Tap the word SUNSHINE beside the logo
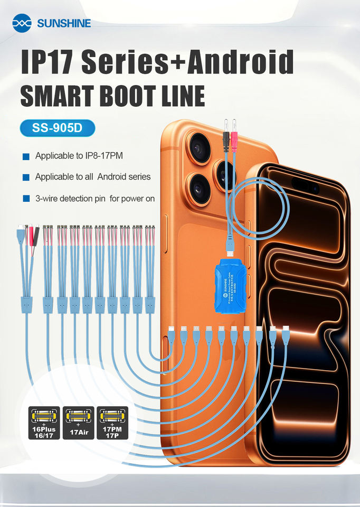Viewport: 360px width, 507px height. pyautogui.click(x=64, y=23)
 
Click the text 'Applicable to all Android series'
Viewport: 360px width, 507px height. pyautogui.click(x=92, y=177)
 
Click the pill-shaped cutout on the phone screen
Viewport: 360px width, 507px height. pyautogui.click(x=306, y=186)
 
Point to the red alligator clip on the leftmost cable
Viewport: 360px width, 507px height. pyautogui.click(x=31, y=238)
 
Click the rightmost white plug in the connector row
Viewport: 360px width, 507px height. pyautogui.click(x=286, y=334)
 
